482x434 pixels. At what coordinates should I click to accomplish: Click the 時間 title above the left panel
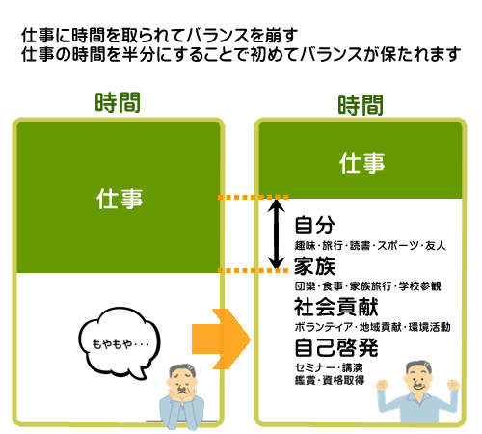click(x=118, y=102)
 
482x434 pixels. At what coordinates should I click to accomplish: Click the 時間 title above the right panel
click(x=361, y=105)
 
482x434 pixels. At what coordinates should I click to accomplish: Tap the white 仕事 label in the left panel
click(x=120, y=199)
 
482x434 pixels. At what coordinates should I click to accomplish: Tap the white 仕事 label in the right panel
click(x=361, y=163)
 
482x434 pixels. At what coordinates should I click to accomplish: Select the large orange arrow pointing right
click(x=221, y=339)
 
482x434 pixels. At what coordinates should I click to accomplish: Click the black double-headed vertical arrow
click(x=276, y=233)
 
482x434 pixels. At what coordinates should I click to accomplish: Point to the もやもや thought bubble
click(x=120, y=343)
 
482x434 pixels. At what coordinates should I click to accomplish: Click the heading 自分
click(x=315, y=225)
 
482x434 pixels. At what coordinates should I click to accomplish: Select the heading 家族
click(x=315, y=266)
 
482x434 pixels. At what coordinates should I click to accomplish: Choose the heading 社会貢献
click(x=336, y=307)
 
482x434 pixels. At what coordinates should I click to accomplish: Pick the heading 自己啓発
click(x=336, y=347)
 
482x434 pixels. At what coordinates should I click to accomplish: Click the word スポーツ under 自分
click(x=398, y=246)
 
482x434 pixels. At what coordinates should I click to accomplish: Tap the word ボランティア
click(x=324, y=327)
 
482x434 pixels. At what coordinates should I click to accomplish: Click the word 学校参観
click(x=419, y=286)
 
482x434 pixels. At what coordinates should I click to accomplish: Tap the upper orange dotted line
click(x=253, y=197)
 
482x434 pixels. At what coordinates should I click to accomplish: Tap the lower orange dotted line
click(x=253, y=270)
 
